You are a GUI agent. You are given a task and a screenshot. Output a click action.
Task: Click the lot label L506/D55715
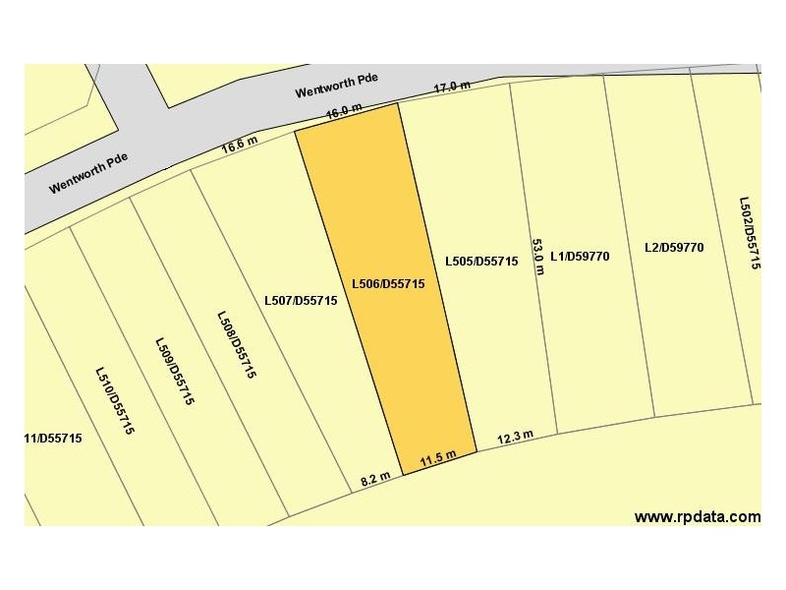[387, 284]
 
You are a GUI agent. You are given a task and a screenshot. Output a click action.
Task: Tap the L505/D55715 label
[481, 262]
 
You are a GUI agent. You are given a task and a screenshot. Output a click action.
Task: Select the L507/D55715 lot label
[301, 301]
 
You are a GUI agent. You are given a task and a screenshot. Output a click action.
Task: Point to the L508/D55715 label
[237, 345]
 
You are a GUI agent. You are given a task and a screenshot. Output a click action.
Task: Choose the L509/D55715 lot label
[175, 371]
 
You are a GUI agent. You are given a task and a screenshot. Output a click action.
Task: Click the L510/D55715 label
[114, 401]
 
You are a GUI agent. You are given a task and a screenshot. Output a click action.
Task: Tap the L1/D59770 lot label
[580, 257]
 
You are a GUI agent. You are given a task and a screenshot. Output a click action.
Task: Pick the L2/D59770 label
[674, 248]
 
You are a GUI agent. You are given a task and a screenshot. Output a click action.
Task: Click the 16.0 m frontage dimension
[345, 112]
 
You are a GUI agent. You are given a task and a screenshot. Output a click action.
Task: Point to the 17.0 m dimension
[453, 88]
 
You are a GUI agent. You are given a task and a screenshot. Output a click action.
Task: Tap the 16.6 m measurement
[240, 145]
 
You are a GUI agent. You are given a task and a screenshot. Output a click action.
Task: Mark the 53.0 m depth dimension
[537, 257]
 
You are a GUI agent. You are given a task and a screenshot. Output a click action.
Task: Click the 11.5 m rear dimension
[438, 456]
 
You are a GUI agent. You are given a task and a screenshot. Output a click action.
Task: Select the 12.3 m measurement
[515, 437]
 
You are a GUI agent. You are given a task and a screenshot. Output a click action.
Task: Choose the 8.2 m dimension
[376, 479]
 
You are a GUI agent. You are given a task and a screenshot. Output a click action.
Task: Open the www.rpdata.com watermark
[698, 516]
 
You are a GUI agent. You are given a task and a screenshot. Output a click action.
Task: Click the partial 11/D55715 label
[53, 439]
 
